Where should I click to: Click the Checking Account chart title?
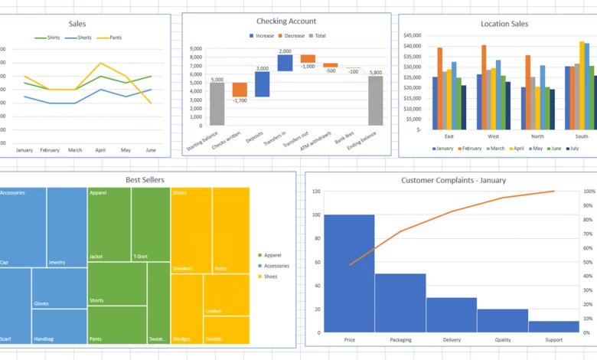286,21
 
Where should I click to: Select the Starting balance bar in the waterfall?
217,104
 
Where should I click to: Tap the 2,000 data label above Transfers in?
285,51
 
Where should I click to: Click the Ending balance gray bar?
375,100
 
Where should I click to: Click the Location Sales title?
504,24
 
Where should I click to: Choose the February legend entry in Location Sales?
471,149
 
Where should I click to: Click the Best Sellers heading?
145,180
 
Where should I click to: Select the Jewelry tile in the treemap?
67,227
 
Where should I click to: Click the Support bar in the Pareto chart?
553,326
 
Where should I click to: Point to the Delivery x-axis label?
451,339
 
